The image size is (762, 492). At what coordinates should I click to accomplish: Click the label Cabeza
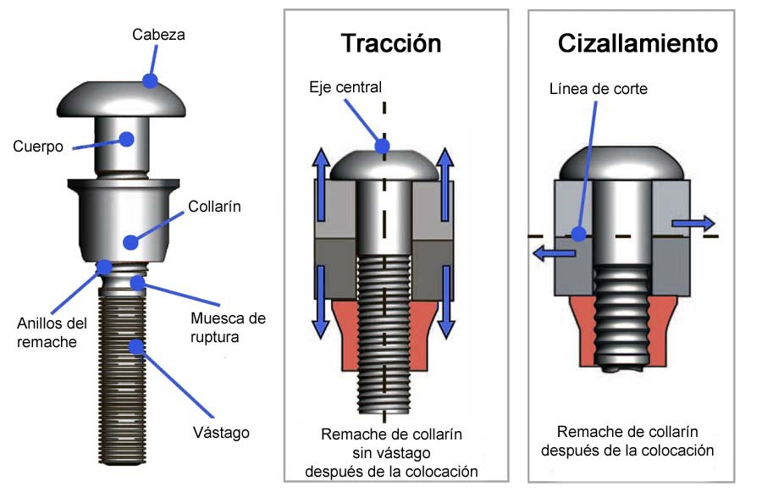(x=158, y=35)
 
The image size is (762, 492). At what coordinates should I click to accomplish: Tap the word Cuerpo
(x=38, y=146)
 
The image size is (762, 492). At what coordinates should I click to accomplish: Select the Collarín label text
(x=214, y=206)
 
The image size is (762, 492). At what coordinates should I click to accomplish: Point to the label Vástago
(x=221, y=432)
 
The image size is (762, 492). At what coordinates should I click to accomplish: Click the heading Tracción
(x=391, y=43)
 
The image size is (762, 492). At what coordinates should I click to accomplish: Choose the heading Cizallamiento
(x=638, y=43)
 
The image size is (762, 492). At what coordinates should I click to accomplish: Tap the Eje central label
(x=345, y=87)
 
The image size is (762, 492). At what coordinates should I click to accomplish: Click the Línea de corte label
(x=599, y=89)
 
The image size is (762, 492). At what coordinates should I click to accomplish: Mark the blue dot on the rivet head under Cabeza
(x=150, y=80)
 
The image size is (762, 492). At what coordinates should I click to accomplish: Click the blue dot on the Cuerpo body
(x=127, y=140)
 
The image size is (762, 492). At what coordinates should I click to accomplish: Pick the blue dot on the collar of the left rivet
(x=130, y=242)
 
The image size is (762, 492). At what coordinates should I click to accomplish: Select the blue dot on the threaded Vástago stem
(x=136, y=346)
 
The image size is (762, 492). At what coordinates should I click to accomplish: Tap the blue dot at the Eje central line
(x=383, y=146)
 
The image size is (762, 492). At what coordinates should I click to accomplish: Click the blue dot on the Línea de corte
(x=578, y=235)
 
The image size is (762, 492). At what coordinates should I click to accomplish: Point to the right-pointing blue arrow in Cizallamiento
(x=693, y=224)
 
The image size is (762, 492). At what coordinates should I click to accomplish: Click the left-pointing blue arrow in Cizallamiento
(x=554, y=253)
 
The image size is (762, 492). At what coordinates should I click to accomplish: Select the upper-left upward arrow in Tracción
(x=321, y=185)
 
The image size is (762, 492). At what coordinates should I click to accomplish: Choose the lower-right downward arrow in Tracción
(x=446, y=302)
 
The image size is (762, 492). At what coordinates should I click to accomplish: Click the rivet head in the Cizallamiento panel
(x=622, y=163)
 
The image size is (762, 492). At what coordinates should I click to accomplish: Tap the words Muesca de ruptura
(x=228, y=328)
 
